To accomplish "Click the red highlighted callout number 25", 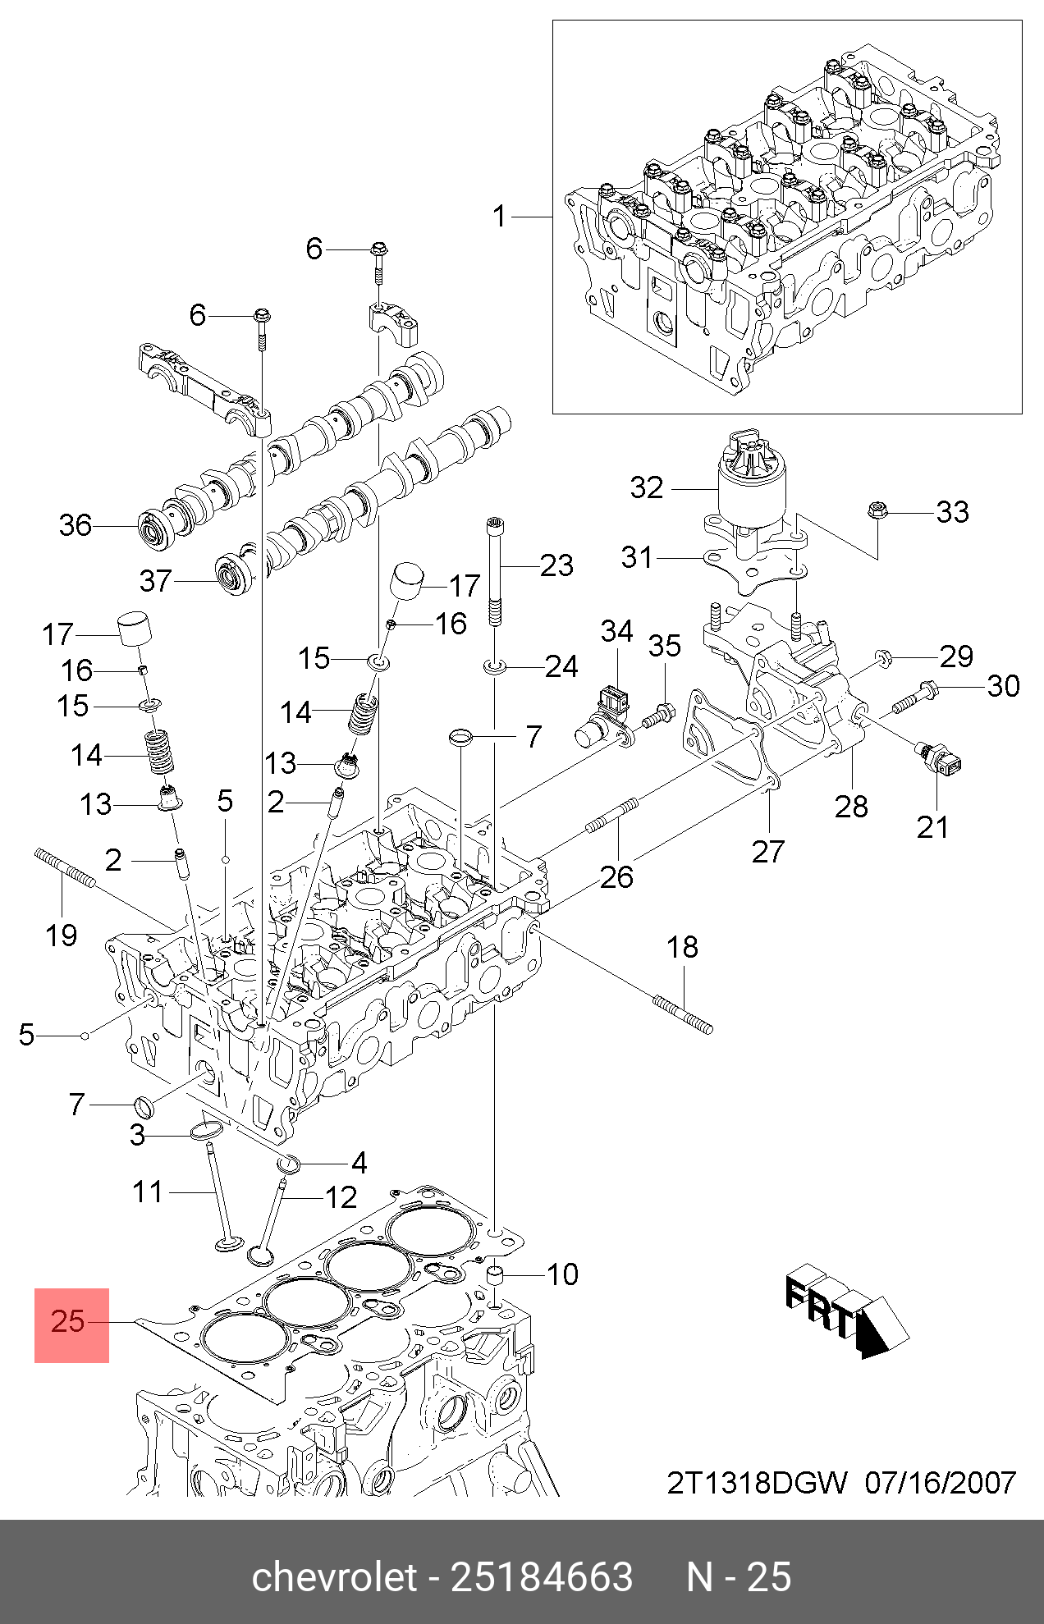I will [70, 1321].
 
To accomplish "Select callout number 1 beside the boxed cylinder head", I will [499, 217].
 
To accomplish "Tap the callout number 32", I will [646, 487].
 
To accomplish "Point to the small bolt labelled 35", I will [657, 715].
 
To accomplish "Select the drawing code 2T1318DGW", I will [756, 1483].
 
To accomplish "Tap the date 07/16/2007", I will [941, 1483].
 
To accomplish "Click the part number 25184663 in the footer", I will [542, 1577].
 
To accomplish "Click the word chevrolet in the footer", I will [334, 1577].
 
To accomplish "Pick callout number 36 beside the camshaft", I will [75, 525].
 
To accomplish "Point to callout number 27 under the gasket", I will [768, 852].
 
